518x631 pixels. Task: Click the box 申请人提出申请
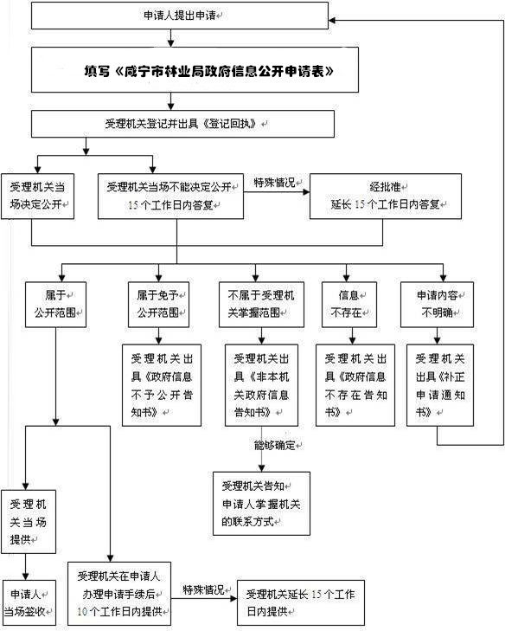click(x=180, y=16)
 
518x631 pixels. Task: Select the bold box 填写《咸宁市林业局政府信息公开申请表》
click(x=195, y=70)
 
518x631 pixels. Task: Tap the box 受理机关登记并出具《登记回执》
click(x=182, y=124)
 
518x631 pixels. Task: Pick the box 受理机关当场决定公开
click(x=37, y=196)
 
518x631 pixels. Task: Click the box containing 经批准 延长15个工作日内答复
click(x=386, y=196)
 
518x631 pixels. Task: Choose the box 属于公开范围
click(x=55, y=304)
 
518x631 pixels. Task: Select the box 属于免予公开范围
click(x=158, y=304)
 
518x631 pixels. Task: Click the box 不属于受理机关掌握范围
click(x=261, y=304)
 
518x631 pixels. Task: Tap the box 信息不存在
click(x=349, y=304)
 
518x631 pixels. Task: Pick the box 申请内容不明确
click(x=437, y=304)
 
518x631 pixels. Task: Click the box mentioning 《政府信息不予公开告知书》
click(x=162, y=385)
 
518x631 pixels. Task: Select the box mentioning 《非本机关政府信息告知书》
click(x=261, y=385)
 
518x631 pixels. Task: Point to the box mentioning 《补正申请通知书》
click(x=440, y=385)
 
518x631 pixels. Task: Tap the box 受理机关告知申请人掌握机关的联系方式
click(x=261, y=504)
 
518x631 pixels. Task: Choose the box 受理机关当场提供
click(x=29, y=522)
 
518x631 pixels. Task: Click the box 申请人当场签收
click(x=29, y=602)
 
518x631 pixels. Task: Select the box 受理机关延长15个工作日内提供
click(x=301, y=602)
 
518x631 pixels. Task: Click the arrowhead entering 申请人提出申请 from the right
click(x=332, y=20)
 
